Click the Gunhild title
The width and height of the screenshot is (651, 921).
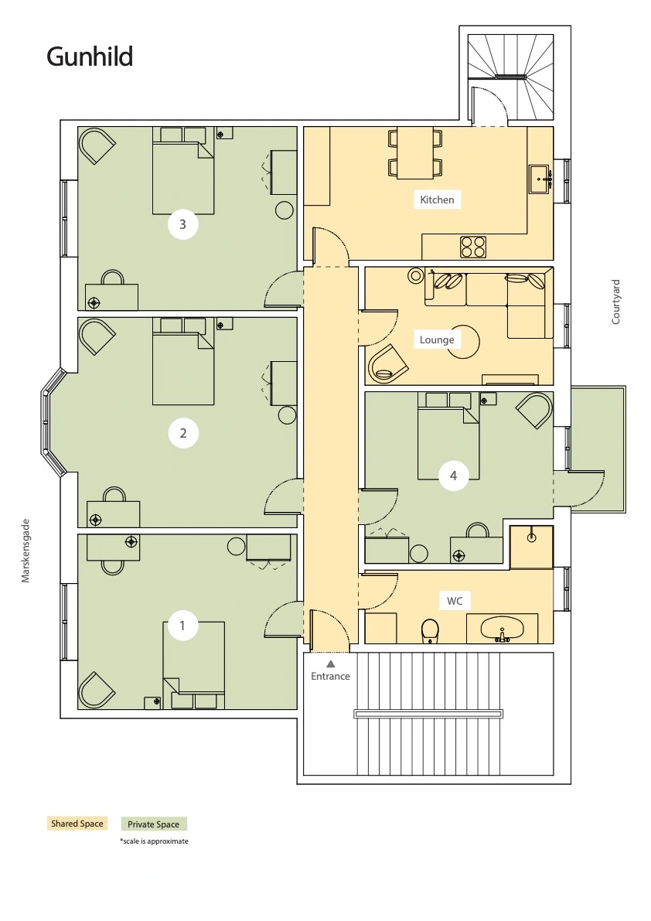tap(90, 57)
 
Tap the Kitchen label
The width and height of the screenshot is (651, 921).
tap(437, 200)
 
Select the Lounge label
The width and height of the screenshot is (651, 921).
tap(437, 339)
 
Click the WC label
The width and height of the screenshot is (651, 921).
tap(455, 601)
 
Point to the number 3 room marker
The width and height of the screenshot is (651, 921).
tap(182, 223)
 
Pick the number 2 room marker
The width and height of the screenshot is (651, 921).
tap(182, 433)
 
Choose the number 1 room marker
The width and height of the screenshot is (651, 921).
tap(182, 626)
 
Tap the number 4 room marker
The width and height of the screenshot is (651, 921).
tap(453, 475)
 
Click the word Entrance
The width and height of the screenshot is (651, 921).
tap(330, 676)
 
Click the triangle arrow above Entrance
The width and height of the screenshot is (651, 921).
tap(330, 663)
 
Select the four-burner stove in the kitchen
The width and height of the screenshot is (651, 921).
tap(473, 247)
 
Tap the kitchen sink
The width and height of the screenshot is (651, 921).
tap(540, 179)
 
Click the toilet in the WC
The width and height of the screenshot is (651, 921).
tap(431, 631)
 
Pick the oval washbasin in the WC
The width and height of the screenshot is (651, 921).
tap(503, 628)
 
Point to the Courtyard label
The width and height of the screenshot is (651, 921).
tap(615, 302)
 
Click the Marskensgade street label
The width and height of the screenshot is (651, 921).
tap(26, 551)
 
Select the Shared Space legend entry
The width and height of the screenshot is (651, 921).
tap(77, 824)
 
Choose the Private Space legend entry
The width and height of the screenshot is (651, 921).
tap(154, 824)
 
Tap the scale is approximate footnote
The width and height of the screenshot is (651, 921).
tap(154, 841)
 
